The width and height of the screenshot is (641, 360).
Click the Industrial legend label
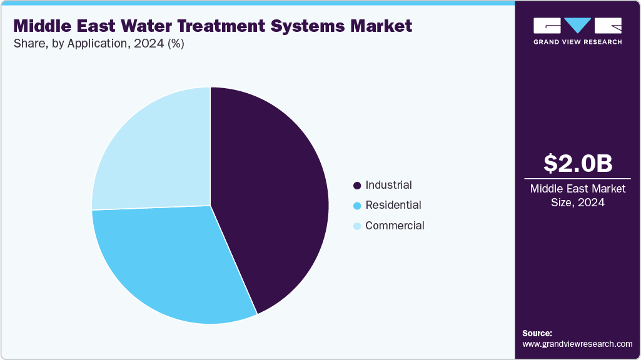(x=388, y=185)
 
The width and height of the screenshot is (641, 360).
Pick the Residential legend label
(x=393, y=205)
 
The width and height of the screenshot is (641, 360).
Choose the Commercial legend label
(x=395, y=226)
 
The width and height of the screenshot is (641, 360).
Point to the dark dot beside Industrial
(x=357, y=186)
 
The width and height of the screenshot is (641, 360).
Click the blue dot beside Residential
(x=357, y=206)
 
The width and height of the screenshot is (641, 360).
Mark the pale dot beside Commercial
(x=357, y=226)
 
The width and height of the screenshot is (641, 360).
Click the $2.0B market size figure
(x=577, y=163)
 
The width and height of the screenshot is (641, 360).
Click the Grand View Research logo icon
(x=577, y=26)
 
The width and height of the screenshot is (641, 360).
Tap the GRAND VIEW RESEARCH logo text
(x=577, y=42)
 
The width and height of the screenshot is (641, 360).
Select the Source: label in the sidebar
(x=537, y=333)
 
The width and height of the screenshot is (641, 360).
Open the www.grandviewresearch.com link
(x=577, y=344)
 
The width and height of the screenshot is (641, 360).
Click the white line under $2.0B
(x=577, y=179)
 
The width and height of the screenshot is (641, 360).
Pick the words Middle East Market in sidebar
(x=577, y=189)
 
